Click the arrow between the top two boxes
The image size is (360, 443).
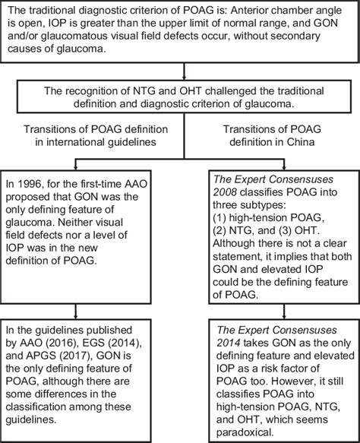179,66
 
